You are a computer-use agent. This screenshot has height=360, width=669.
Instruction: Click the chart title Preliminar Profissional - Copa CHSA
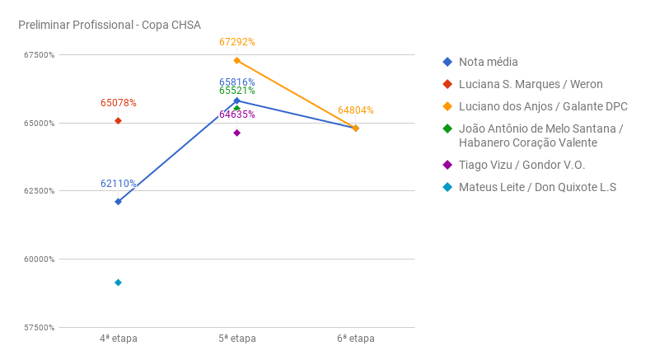(110, 25)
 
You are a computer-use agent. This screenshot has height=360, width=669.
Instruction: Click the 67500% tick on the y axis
(39, 55)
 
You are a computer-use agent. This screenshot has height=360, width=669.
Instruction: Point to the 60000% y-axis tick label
(39, 259)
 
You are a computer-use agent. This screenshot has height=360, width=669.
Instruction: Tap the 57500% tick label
(39, 328)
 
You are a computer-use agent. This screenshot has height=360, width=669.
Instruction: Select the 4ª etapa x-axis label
(119, 339)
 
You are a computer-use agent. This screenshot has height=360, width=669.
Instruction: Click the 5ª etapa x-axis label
(237, 339)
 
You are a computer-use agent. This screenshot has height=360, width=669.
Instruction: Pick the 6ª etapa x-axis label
(356, 339)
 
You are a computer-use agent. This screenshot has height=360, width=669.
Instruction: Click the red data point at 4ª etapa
(119, 121)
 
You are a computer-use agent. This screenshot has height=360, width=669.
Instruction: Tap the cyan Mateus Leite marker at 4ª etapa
(119, 283)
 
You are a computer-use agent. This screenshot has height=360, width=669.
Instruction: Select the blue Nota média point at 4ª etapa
(119, 202)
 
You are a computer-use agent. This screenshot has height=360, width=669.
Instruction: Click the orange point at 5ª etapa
(237, 60)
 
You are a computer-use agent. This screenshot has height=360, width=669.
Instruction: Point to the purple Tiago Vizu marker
(237, 133)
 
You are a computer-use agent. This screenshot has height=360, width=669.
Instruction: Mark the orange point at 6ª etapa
(356, 129)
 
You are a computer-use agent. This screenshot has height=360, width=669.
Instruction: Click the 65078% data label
(119, 103)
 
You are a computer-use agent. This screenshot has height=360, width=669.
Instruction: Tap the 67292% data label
(237, 42)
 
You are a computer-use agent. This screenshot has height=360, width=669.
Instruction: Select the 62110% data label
(119, 184)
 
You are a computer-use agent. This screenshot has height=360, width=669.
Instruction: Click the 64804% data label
(356, 110)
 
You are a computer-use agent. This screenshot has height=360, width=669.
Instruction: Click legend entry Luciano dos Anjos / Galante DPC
(543, 107)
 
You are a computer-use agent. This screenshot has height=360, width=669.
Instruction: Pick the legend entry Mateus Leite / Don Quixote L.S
(537, 187)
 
